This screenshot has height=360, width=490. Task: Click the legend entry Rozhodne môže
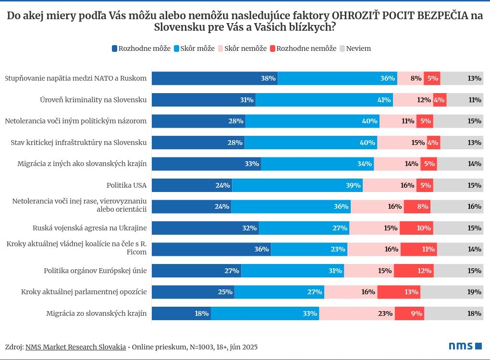click(141, 48)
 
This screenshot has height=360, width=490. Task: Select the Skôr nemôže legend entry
click(242, 48)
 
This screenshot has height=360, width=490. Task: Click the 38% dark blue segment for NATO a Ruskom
click(215, 78)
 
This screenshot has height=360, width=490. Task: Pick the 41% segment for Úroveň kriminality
click(324, 100)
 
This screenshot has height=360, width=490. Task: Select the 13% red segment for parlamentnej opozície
click(399, 292)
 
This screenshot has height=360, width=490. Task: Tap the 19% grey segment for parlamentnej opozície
click(452, 292)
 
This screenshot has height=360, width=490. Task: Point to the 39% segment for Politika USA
click(297, 185)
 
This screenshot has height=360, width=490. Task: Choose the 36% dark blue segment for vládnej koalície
click(211, 249)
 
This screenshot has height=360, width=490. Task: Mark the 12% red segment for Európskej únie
click(414, 271)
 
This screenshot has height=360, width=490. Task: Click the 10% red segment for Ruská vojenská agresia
click(416, 228)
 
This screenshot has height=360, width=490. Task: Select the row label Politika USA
click(126, 185)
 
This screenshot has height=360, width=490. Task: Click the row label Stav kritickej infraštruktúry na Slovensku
click(78, 143)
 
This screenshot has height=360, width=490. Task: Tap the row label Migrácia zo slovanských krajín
click(96, 313)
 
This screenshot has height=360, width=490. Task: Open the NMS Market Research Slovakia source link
click(75, 347)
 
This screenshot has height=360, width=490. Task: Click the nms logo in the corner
click(465, 346)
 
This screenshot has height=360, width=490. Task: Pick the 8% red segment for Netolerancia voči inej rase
click(417, 206)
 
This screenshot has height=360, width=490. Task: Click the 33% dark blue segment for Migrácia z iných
click(206, 164)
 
